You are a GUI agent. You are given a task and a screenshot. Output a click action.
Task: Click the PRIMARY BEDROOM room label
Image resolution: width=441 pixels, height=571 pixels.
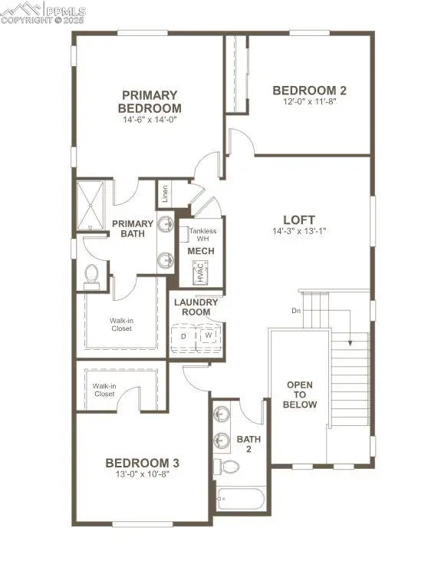point(150,101)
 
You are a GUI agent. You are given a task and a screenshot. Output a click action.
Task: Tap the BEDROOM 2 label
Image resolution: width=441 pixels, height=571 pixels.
point(304,91)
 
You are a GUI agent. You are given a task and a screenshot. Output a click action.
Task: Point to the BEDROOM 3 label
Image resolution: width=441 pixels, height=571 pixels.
point(143,463)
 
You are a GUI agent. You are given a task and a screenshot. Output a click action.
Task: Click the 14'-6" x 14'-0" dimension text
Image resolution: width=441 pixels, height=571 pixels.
point(150,120)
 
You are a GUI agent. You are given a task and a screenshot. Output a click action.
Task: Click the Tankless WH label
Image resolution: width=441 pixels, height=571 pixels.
point(203,235)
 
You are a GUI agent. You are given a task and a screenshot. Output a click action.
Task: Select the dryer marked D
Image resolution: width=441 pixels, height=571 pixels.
point(183,336)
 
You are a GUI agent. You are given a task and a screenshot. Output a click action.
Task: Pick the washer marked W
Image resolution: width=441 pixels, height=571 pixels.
point(207,336)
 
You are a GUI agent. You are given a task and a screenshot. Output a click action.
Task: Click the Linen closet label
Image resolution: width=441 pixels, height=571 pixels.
point(165,194)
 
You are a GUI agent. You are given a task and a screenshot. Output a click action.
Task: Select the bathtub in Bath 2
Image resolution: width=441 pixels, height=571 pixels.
point(239,500)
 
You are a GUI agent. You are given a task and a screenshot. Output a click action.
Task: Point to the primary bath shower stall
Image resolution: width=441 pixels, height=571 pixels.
point(94,204)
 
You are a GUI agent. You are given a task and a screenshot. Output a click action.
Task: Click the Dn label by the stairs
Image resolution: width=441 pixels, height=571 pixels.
point(296,311)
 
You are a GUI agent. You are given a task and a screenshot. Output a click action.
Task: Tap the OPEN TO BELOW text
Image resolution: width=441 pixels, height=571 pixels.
point(301,394)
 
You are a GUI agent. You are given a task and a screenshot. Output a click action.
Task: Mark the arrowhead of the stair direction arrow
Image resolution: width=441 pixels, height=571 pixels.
point(350,345)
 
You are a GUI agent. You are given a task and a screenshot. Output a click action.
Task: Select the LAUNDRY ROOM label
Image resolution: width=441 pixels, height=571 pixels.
point(196,307)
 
